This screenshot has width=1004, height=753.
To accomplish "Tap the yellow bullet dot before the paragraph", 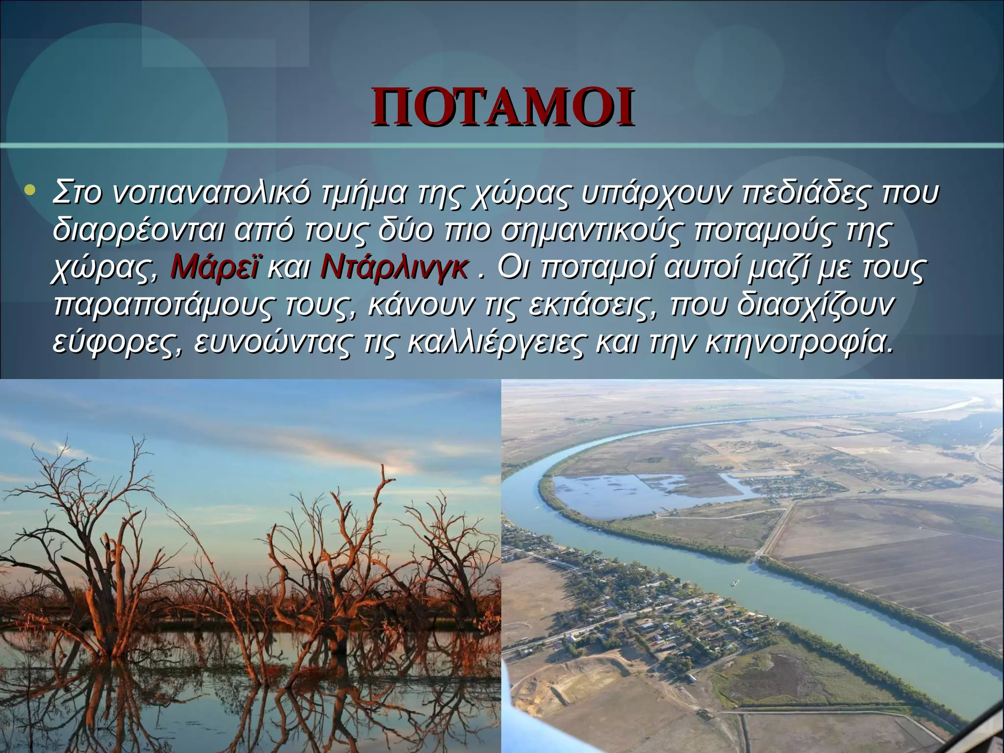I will click(x=30, y=191).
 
